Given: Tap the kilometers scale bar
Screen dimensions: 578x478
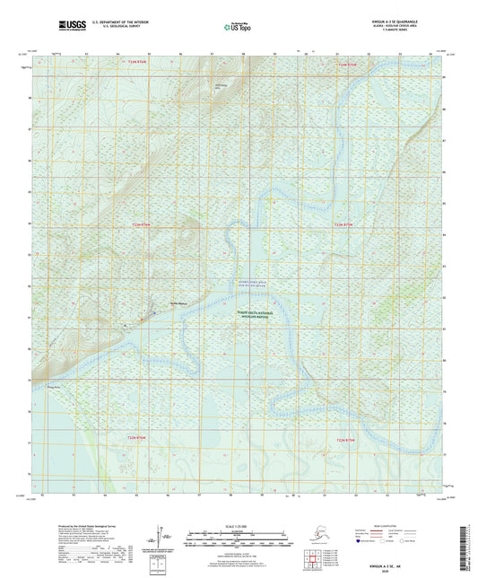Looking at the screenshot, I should [x=239, y=535].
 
